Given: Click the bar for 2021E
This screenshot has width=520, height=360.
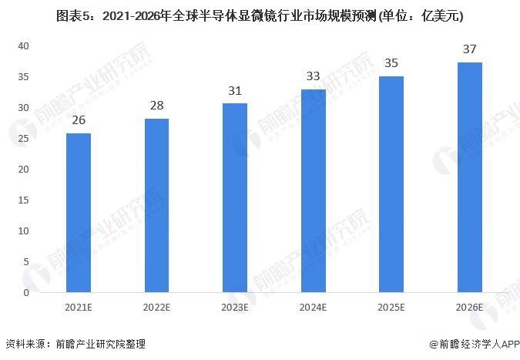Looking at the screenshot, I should (79, 213).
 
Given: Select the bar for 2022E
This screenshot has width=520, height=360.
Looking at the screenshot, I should (156, 206).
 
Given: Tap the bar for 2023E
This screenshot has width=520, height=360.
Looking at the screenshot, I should (235, 198).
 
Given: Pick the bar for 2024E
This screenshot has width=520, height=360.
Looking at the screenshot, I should (313, 191).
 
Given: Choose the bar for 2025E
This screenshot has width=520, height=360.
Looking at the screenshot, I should (391, 184).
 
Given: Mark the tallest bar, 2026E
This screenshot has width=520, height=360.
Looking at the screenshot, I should (469, 177).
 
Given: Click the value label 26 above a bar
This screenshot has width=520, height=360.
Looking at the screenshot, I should (79, 120).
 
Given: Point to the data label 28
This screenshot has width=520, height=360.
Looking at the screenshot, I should (156, 106).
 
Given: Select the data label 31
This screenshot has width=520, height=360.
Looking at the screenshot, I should (235, 91).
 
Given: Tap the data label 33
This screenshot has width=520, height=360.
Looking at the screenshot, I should (313, 76).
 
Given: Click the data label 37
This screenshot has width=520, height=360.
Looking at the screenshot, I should (469, 49).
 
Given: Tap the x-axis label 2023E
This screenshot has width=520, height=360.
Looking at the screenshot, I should (235, 307).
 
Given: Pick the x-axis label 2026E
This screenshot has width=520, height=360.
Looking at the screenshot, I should (469, 307).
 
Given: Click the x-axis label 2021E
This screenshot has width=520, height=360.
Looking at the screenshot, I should (79, 307).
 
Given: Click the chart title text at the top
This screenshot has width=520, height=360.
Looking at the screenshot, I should (260, 15).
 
